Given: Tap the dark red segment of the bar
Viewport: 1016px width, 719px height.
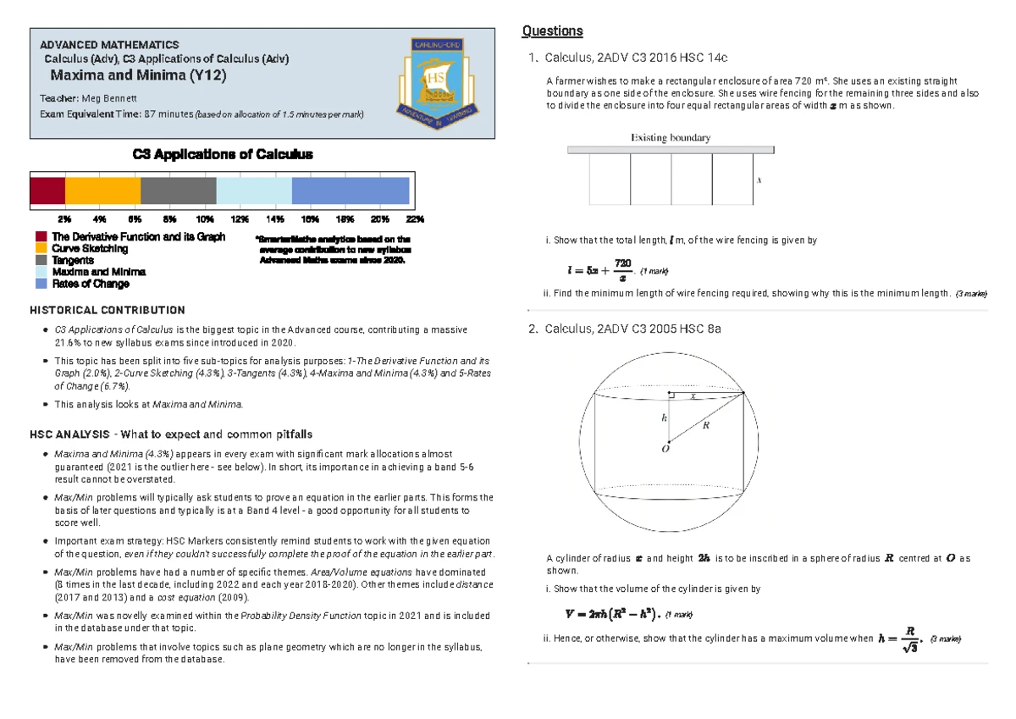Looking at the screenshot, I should click(x=47, y=191).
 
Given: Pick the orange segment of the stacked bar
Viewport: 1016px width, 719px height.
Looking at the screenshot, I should click(x=102, y=191).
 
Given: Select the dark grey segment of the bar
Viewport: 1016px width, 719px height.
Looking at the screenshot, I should click(x=179, y=191).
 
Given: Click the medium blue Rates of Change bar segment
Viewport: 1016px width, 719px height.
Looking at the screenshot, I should click(x=351, y=191).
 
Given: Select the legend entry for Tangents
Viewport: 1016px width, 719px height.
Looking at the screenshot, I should click(x=73, y=261).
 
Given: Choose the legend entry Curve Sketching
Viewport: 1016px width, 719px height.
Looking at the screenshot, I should click(x=90, y=249).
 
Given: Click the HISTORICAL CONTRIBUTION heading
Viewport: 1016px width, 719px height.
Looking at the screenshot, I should click(x=107, y=311).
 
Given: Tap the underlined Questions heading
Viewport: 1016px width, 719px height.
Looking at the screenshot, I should click(x=552, y=31).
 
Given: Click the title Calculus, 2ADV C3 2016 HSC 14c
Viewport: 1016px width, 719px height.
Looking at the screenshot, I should click(x=636, y=58).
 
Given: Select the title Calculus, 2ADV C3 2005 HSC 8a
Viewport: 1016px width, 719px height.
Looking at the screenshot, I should click(x=634, y=329).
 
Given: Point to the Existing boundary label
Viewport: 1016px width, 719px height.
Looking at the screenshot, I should click(x=670, y=137).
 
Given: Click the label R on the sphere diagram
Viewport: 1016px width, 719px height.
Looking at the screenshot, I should click(x=705, y=425).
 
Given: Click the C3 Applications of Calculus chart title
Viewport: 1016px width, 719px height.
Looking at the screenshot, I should click(x=223, y=154).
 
